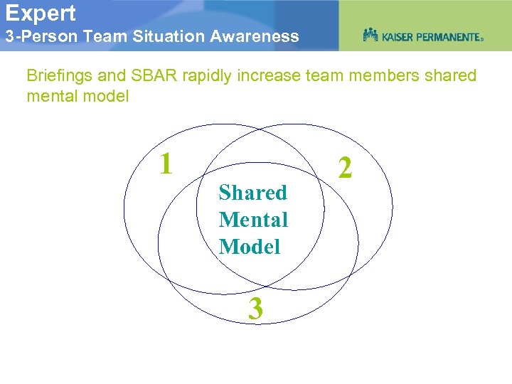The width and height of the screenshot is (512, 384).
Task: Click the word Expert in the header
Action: click(41, 13)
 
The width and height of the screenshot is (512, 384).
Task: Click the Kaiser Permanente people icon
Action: click(370, 35)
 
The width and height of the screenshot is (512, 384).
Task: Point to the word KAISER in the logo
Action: click(401, 36)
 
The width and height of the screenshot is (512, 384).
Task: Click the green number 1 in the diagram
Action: click(166, 164)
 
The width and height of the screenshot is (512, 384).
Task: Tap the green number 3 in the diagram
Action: click(255, 309)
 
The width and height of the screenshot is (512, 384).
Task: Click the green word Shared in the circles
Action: click(252, 193)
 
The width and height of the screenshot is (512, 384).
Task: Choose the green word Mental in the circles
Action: click(253, 220)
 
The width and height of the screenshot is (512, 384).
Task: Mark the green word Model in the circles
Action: click(250, 247)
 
